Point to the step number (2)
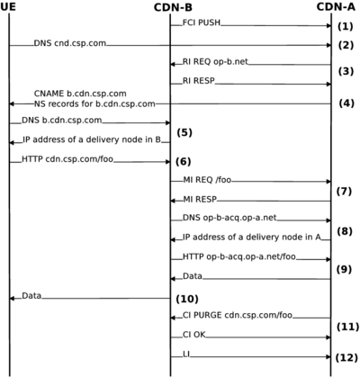tap(346, 44)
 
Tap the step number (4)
tap(346, 103)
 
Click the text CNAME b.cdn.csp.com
tap(80, 94)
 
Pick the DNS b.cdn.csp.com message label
tap(56, 120)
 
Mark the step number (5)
tap(185, 132)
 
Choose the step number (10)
tap(187, 298)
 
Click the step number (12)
tap(346, 357)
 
